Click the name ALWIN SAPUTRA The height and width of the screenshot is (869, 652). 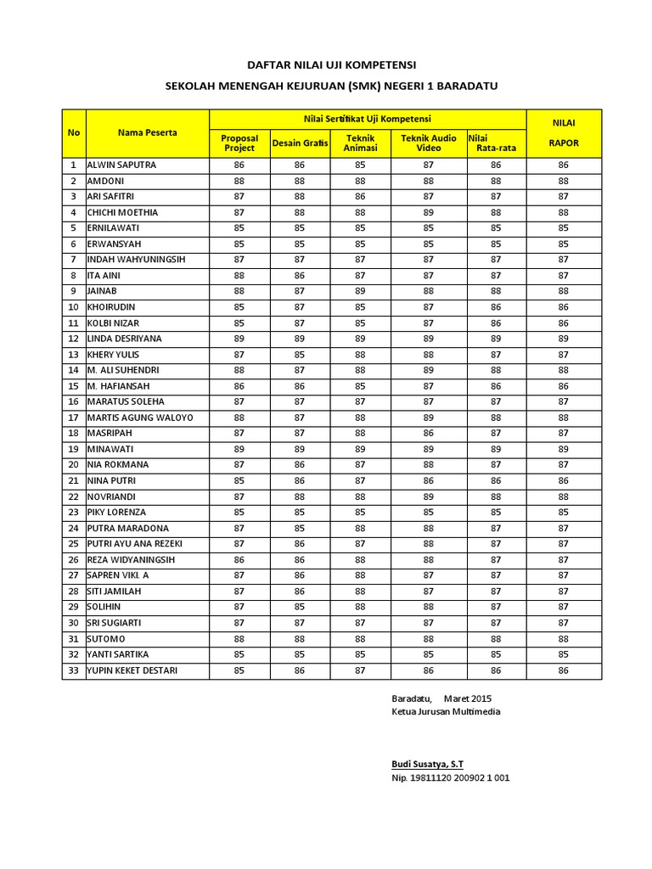coord(121,165)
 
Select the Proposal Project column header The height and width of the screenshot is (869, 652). coord(239,143)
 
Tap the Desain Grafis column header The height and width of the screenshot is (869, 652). coord(300,143)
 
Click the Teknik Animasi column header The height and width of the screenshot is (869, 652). coord(360,143)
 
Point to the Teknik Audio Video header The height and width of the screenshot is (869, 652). coord(429,143)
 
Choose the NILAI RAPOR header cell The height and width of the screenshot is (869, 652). coord(564,133)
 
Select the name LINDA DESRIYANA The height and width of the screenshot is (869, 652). coord(125,339)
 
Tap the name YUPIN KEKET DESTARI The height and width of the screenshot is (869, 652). coord(133,670)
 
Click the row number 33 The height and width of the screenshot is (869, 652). coord(74,670)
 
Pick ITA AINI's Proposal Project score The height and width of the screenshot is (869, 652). coord(239,276)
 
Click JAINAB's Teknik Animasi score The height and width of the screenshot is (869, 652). coord(360,291)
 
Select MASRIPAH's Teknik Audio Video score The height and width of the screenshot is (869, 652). coord(429,433)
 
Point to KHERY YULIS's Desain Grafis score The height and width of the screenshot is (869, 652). coord(300,355)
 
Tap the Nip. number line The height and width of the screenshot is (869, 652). coord(450,778)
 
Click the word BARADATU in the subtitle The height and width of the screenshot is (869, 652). coord(466,86)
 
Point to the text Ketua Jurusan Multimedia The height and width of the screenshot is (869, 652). coord(446,711)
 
